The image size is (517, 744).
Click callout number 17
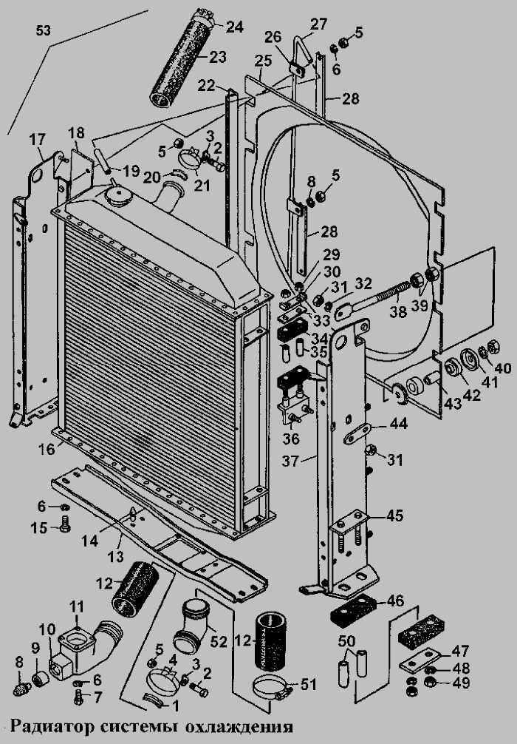click(x=36, y=141)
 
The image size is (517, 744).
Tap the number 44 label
click(x=400, y=425)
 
